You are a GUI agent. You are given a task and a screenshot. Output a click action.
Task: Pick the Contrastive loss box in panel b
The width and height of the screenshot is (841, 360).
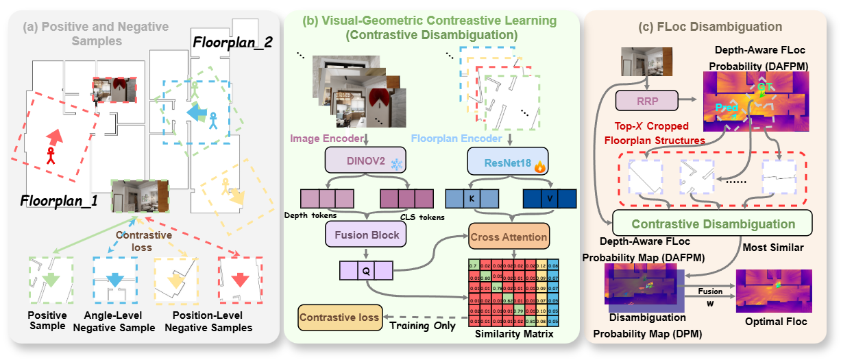pos(339,318)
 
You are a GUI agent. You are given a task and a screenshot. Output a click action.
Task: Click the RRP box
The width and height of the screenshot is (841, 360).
pos(646,101)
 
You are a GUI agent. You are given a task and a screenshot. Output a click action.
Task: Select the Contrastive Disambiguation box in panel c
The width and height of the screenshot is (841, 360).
pos(713,224)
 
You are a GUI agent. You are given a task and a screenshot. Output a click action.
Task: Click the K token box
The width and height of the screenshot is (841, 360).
pos(471,197)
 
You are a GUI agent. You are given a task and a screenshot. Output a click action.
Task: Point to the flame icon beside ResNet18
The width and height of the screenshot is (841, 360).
pos(541,166)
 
